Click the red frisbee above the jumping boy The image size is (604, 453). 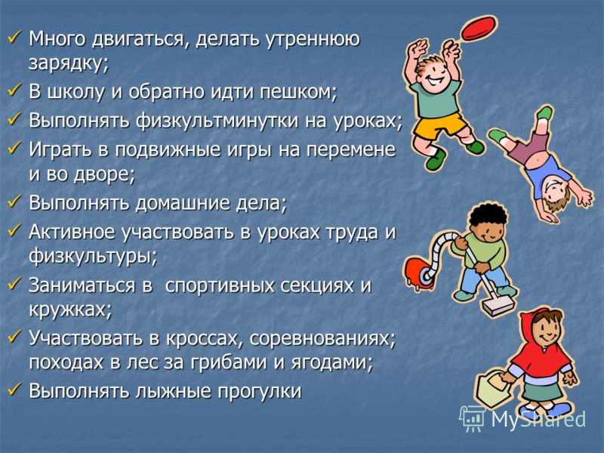[x=478, y=28]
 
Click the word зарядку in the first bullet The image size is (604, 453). [x=69, y=64]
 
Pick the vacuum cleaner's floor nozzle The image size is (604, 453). [x=498, y=307]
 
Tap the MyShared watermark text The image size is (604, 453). [x=538, y=419]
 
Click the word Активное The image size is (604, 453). [x=72, y=233]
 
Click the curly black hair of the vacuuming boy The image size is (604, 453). [x=487, y=217]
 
